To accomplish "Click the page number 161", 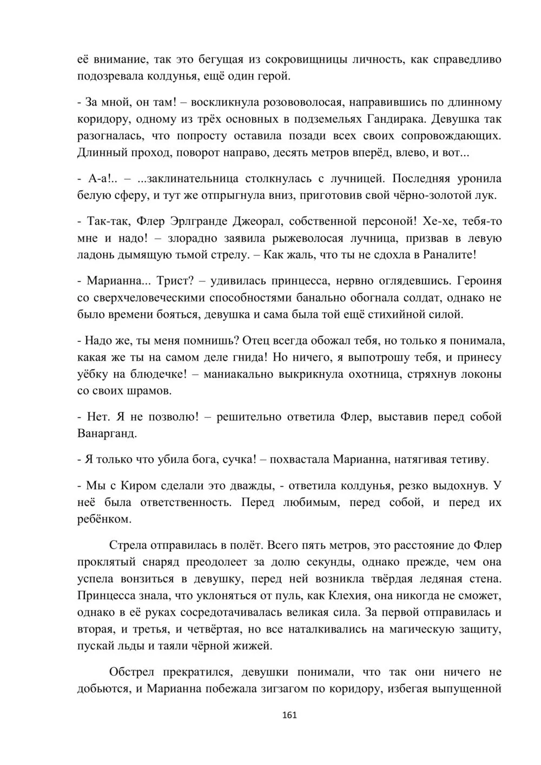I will [x=290, y=715].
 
